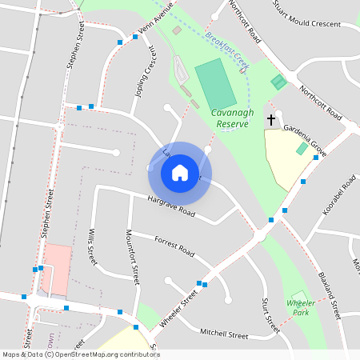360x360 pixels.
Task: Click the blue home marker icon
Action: (x=179, y=172)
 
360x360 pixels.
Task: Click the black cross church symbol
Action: (x=271, y=121)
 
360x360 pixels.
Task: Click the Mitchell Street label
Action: (x=224, y=333)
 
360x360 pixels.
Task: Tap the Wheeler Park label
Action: (x=301, y=308)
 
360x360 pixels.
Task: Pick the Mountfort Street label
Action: (x=134, y=257)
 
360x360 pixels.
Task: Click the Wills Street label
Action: (x=91, y=248)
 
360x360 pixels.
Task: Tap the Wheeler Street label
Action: (x=178, y=309)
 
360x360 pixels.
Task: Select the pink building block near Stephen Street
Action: (x=57, y=269)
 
